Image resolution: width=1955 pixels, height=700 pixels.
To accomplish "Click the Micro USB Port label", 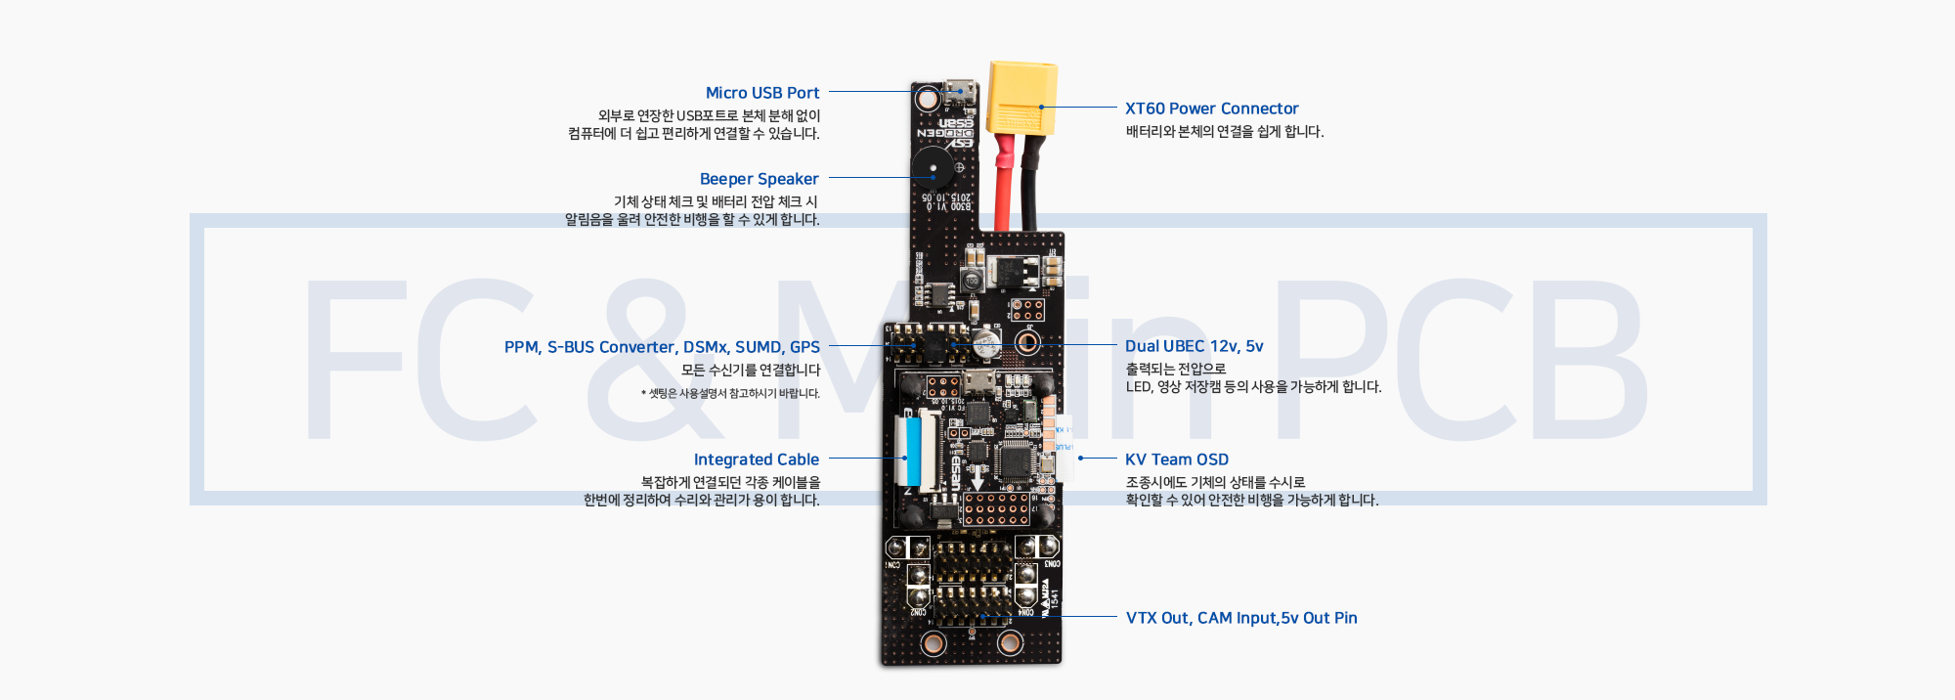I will click(762, 93).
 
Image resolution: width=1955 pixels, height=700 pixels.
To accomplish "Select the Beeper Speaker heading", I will click(759, 179).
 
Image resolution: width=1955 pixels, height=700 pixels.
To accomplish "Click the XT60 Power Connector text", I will click(1211, 109).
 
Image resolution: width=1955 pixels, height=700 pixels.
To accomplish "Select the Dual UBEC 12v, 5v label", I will click(1194, 346).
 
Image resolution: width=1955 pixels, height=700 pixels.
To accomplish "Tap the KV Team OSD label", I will click(1176, 459).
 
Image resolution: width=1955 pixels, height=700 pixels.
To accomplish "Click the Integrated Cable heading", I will click(756, 459).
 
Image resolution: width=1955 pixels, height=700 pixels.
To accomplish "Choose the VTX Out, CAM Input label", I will click(1240, 618).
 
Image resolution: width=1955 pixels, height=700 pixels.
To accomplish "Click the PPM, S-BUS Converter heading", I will click(662, 347).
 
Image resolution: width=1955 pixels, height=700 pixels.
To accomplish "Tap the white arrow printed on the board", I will click(977, 478).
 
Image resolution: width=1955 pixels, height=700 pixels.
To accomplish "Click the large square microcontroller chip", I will click(1016, 459).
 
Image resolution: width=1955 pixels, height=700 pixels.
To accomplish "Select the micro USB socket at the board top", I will click(960, 94).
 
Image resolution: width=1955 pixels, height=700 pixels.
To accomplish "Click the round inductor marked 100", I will click(972, 282).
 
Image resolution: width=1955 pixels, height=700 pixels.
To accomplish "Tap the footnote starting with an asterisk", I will click(730, 394).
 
